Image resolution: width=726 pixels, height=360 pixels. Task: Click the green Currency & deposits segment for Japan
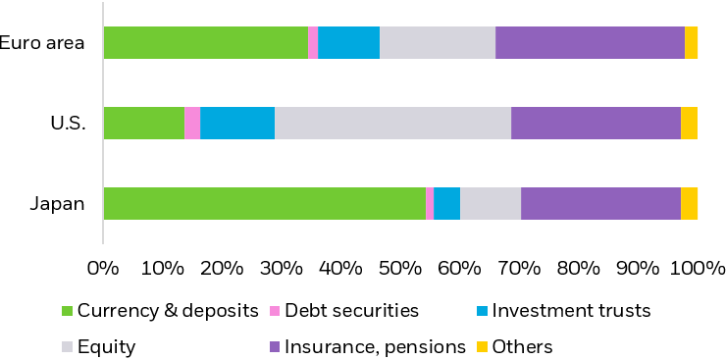point(264,203)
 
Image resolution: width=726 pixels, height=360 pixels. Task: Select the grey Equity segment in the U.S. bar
point(392,123)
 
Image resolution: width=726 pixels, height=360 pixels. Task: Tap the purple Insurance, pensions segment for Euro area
point(590,43)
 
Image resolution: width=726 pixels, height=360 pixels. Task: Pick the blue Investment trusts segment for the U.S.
point(237,123)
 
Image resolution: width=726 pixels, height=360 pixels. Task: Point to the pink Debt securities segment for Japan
point(430,203)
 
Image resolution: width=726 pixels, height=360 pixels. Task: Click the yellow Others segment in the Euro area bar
point(691,43)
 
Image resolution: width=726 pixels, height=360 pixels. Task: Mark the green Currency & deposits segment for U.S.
point(143,123)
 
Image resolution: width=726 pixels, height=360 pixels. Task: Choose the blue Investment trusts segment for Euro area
point(348,43)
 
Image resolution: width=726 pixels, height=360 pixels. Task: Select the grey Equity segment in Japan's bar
point(491,203)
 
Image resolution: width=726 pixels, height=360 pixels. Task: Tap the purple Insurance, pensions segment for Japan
point(600,203)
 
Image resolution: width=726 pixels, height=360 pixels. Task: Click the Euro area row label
point(42,42)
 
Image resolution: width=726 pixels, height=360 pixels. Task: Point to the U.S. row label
point(69,123)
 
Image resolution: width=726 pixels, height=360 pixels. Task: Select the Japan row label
point(57,204)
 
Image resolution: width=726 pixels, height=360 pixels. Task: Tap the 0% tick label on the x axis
point(103,267)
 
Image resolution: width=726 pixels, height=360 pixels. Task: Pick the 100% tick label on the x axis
point(698,267)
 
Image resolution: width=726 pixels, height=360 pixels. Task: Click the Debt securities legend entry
point(351,312)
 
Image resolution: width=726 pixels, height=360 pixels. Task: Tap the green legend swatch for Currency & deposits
point(68,312)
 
